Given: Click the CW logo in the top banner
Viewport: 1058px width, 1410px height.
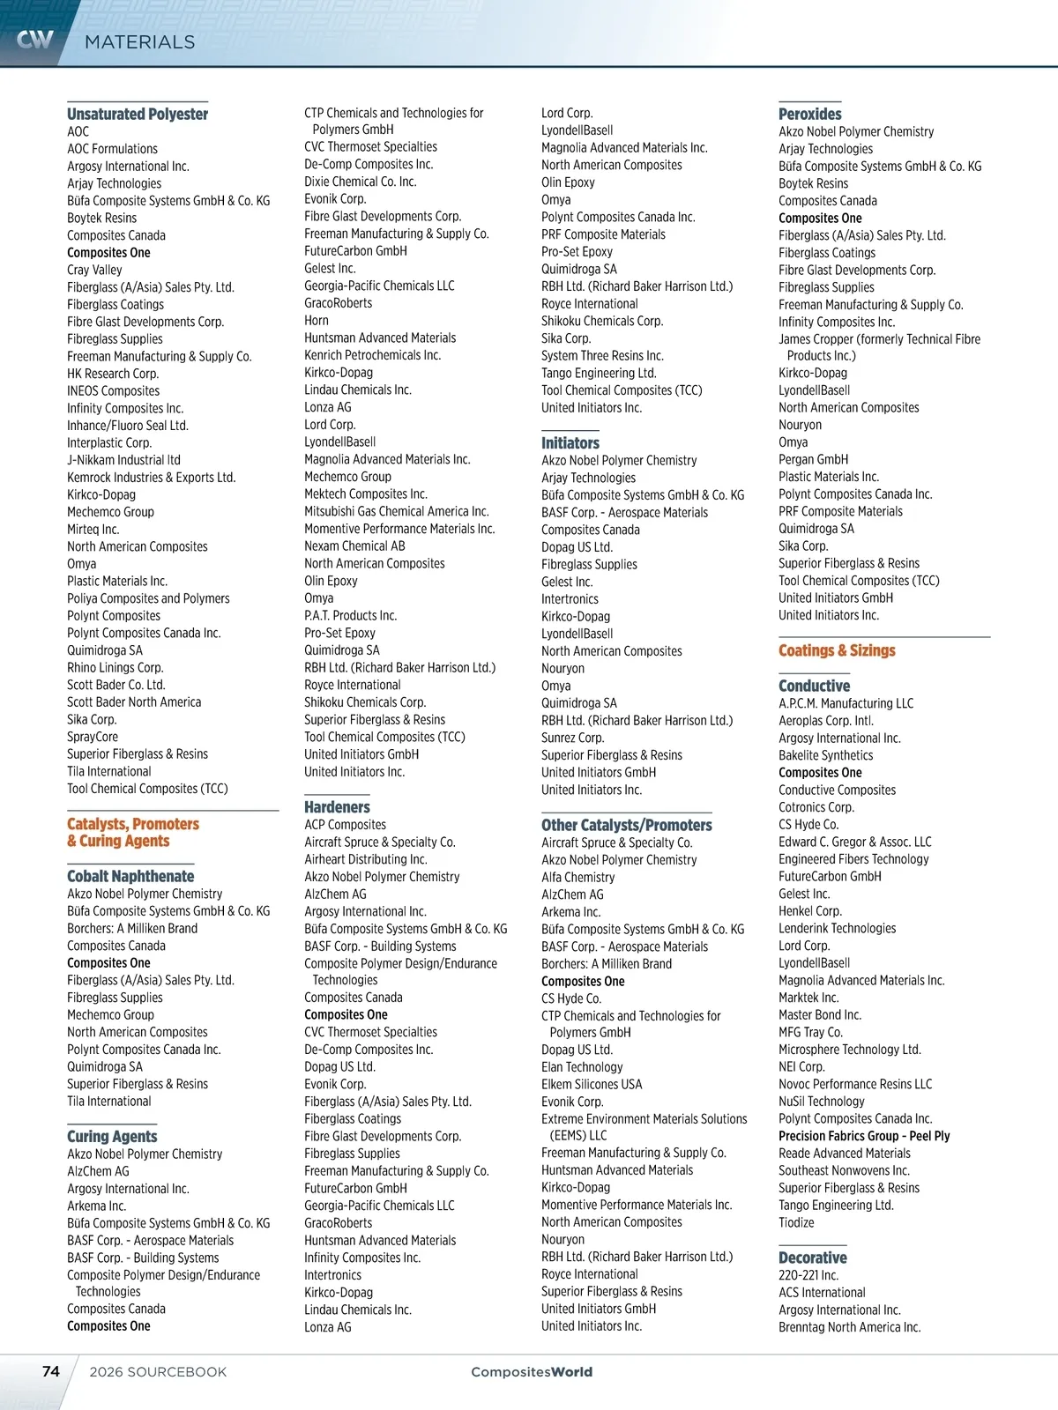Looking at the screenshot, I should [x=35, y=40].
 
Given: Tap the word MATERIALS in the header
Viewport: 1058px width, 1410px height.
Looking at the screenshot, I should [x=139, y=42].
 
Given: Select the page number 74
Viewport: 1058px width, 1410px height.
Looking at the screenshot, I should [x=51, y=1371].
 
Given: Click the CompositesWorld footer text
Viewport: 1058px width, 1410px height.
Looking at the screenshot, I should [x=532, y=1371].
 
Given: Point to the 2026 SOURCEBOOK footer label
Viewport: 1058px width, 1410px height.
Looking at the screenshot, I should [x=158, y=1372].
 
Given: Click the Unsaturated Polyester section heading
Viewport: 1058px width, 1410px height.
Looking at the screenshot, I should [x=138, y=114].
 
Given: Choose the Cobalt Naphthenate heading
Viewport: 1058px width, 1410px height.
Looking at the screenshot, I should [x=130, y=876].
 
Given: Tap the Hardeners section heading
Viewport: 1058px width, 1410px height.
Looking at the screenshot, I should [x=337, y=807].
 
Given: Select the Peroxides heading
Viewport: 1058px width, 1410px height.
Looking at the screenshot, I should [x=809, y=114].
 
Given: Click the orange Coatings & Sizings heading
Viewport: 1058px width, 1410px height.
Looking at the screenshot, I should [x=837, y=650].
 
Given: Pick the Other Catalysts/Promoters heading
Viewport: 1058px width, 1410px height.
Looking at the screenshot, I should [x=626, y=825].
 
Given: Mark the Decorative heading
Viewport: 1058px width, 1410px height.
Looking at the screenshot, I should [x=812, y=1258].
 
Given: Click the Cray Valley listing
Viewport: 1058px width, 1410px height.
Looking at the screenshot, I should [x=94, y=270].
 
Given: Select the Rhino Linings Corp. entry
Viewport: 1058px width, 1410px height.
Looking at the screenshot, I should [x=115, y=668].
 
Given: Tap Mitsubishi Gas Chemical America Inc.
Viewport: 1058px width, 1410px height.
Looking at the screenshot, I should [x=396, y=511].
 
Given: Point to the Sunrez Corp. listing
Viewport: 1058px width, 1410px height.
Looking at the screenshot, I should [x=572, y=738].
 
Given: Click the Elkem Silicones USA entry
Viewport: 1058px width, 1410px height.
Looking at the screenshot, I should [x=592, y=1084].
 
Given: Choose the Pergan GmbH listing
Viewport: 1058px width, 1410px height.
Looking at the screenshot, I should [x=813, y=459].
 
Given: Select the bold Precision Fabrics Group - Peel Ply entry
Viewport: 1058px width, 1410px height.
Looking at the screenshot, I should [x=864, y=1136].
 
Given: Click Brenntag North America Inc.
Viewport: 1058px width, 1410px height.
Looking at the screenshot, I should [x=849, y=1327].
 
